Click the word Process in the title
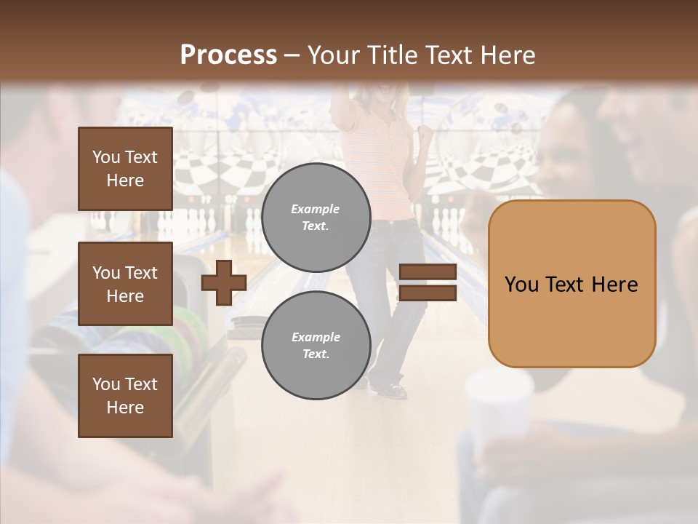tap(228, 55)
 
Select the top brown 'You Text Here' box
tap(125, 169)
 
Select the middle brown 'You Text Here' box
tap(125, 284)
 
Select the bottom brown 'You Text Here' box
tap(125, 396)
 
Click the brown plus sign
tap(224, 282)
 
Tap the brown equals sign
tap(428, 282)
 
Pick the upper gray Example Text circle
tap(316, 217)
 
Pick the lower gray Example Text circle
tap(316, 345)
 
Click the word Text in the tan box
tap(571, 285)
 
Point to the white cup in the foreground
tap(500, 408)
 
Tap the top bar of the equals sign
tap(428, 272)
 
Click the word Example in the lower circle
tap(316, 337)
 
